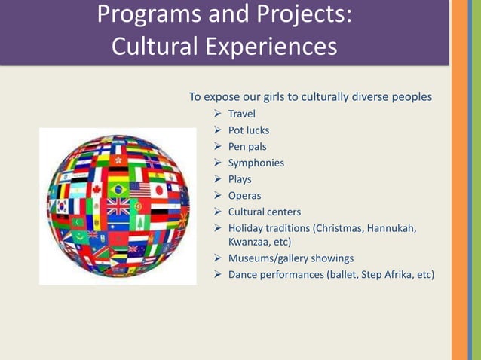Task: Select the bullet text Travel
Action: (x=241, y=114)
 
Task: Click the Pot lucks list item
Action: (x=248, y=130)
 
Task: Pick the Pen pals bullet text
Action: (x=247, y=147)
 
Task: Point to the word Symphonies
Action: (x=256, y=163)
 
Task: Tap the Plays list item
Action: (x=240, y=179)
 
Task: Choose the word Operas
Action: (x=244, y=196)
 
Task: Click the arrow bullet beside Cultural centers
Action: (x=217, y=212)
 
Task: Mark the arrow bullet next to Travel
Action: (x=217, y=114)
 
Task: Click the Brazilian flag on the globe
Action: (x=118, y=188)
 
